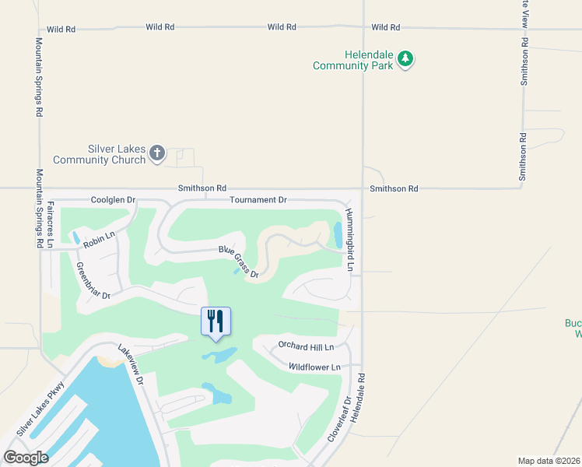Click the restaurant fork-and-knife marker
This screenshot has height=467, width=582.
(216, 321)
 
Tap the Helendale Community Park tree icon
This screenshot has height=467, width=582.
(405, 59)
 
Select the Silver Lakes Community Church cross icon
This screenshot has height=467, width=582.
(157, 153)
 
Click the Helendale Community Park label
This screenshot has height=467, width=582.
(350, 61)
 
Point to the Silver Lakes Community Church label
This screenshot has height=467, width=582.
(100, 154)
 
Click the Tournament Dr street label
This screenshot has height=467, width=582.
(258, 200)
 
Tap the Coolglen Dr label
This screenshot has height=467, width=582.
(113, 200)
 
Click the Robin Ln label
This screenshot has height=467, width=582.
(100, 240)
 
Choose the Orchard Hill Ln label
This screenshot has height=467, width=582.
(306, 346)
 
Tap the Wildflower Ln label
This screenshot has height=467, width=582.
(314, 367)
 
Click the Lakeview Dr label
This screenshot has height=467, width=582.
(130, 365)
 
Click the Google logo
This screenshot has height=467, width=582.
(26, 457)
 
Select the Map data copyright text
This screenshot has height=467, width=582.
(549, 461)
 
